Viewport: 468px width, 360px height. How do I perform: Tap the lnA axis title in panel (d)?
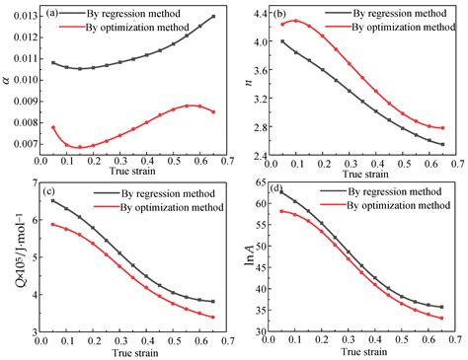pos(239,258)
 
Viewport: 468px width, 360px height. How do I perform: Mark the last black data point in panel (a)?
pos(214,17)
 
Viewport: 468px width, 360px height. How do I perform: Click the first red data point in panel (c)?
pos(52,224)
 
